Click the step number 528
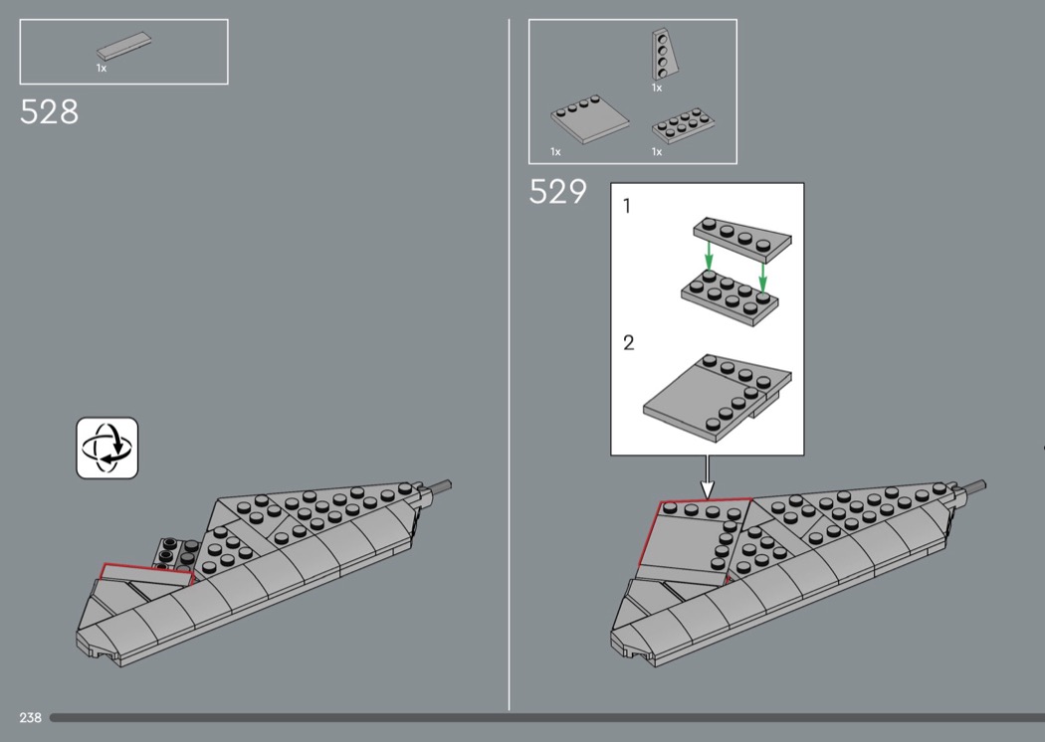50,112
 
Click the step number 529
557,192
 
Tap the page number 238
31,717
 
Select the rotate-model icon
107,449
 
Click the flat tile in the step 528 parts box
124,47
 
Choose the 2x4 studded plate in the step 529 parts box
683,125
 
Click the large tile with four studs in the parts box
590,118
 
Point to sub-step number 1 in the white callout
626,207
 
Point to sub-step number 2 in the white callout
628,343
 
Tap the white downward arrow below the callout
707,476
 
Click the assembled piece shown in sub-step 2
718,398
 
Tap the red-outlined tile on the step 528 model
146,574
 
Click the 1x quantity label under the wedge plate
657,88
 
